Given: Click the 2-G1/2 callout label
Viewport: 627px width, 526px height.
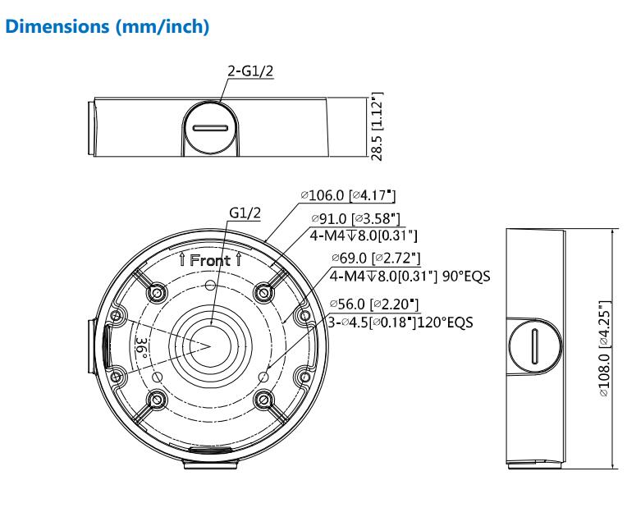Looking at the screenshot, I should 250,71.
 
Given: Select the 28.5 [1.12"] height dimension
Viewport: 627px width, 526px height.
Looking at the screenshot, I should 377,126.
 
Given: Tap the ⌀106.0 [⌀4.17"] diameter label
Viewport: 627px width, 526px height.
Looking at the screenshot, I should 348,194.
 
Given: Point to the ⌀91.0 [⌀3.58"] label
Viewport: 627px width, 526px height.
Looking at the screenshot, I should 355,219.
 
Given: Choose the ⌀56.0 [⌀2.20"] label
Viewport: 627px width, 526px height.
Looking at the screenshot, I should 373,304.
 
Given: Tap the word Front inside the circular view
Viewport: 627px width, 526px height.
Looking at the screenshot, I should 209,260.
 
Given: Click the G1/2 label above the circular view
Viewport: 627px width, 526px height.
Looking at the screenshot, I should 245,213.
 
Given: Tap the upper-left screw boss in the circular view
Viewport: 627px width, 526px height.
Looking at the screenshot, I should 156,291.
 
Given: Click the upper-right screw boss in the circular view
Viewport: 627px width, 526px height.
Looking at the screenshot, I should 263,291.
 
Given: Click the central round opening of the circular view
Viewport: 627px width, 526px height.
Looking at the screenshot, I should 209,343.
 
